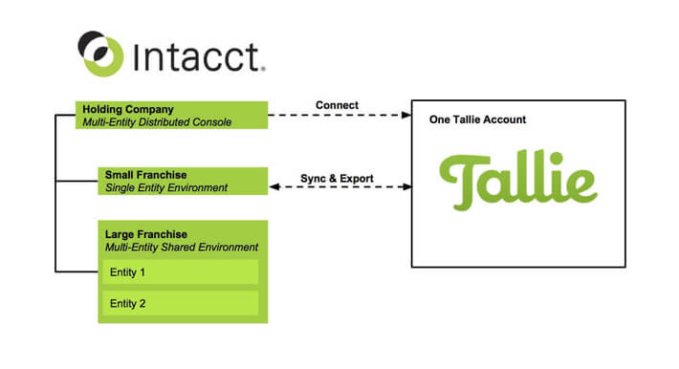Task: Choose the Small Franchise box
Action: point(182,181)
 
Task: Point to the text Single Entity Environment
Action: point(167,188)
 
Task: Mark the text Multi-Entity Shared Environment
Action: point(182,248)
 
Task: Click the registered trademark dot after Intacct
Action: point(263,68)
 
